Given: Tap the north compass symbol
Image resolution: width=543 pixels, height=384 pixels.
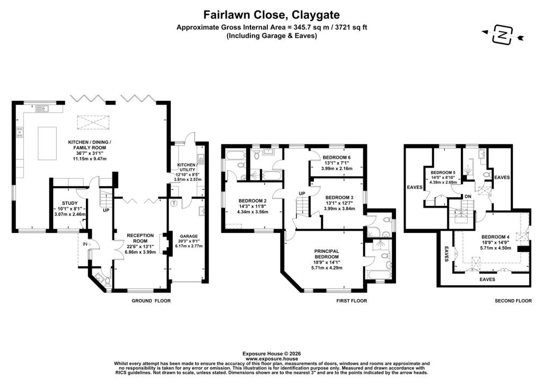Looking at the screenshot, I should pyautogui.click(x=502, y=35).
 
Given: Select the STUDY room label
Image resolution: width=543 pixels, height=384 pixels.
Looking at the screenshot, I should pyautogui.click(x=69, y=203).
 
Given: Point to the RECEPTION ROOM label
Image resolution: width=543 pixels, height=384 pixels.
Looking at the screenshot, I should pyautogui.click(x=140, y=238).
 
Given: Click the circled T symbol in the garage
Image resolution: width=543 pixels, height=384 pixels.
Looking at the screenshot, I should pyautogui.click(x=173, y=203).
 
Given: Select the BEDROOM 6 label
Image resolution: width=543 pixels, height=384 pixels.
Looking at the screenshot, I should pyautogui.click(x=337, y=157).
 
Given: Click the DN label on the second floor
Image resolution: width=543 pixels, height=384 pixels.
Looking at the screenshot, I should pyautogui.click(x=468, y=196).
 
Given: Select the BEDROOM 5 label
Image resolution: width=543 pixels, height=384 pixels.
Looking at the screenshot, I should pyautogui.click(x=443, y=173).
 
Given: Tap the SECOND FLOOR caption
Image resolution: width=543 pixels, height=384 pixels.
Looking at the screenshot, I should pyautogui.click(x=513, y=301).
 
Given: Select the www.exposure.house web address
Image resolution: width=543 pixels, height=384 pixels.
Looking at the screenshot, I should pyautogui.click(x=271, y=359).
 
